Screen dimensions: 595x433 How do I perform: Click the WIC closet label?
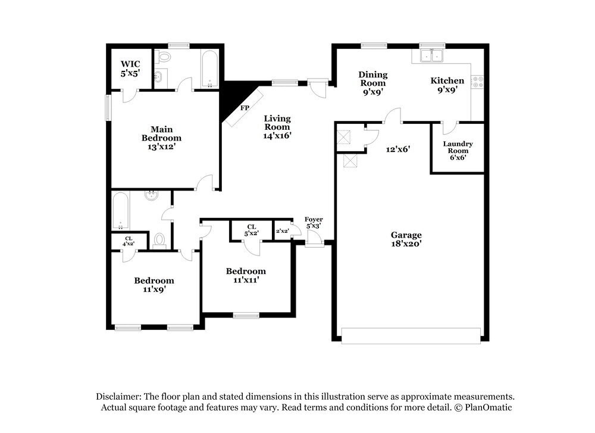130,69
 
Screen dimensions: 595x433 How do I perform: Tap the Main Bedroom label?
157,138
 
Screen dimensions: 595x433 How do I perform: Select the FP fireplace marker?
244,108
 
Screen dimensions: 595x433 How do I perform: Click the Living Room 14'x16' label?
277,126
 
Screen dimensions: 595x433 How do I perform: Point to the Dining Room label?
373,83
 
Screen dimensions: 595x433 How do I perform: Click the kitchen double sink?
431,56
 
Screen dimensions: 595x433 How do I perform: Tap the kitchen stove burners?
478,82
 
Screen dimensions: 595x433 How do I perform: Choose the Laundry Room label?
458,150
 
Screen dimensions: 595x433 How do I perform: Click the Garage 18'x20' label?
406,239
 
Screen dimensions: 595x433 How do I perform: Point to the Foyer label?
314,223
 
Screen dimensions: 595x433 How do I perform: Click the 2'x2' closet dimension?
282,231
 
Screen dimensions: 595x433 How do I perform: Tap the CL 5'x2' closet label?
251,230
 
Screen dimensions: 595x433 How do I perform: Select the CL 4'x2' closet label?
128,241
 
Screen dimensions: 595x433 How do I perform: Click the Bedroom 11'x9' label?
154,285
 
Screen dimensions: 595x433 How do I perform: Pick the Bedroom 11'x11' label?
246,275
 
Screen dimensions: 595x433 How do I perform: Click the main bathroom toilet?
164,58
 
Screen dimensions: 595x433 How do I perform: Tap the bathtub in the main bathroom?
208,68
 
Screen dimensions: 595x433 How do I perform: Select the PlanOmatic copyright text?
483,407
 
